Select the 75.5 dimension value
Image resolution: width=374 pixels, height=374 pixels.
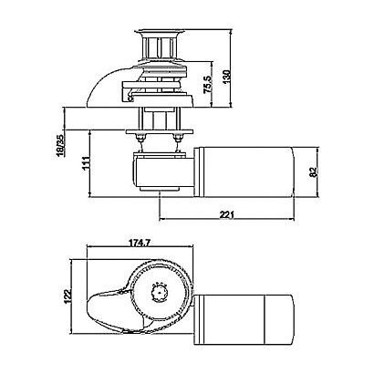[x=208, y=84]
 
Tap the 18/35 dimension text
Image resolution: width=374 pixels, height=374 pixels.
[x=61, y=145]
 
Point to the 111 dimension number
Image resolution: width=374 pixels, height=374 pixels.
[x=86, y=163]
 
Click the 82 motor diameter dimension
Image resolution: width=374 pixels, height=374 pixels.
[x=313, y=171]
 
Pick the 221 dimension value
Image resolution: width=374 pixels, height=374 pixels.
[x=227, y=214]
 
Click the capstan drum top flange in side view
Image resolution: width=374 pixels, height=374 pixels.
[x=160, y=32]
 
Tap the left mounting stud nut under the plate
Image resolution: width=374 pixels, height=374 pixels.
[x=140, y=139]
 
